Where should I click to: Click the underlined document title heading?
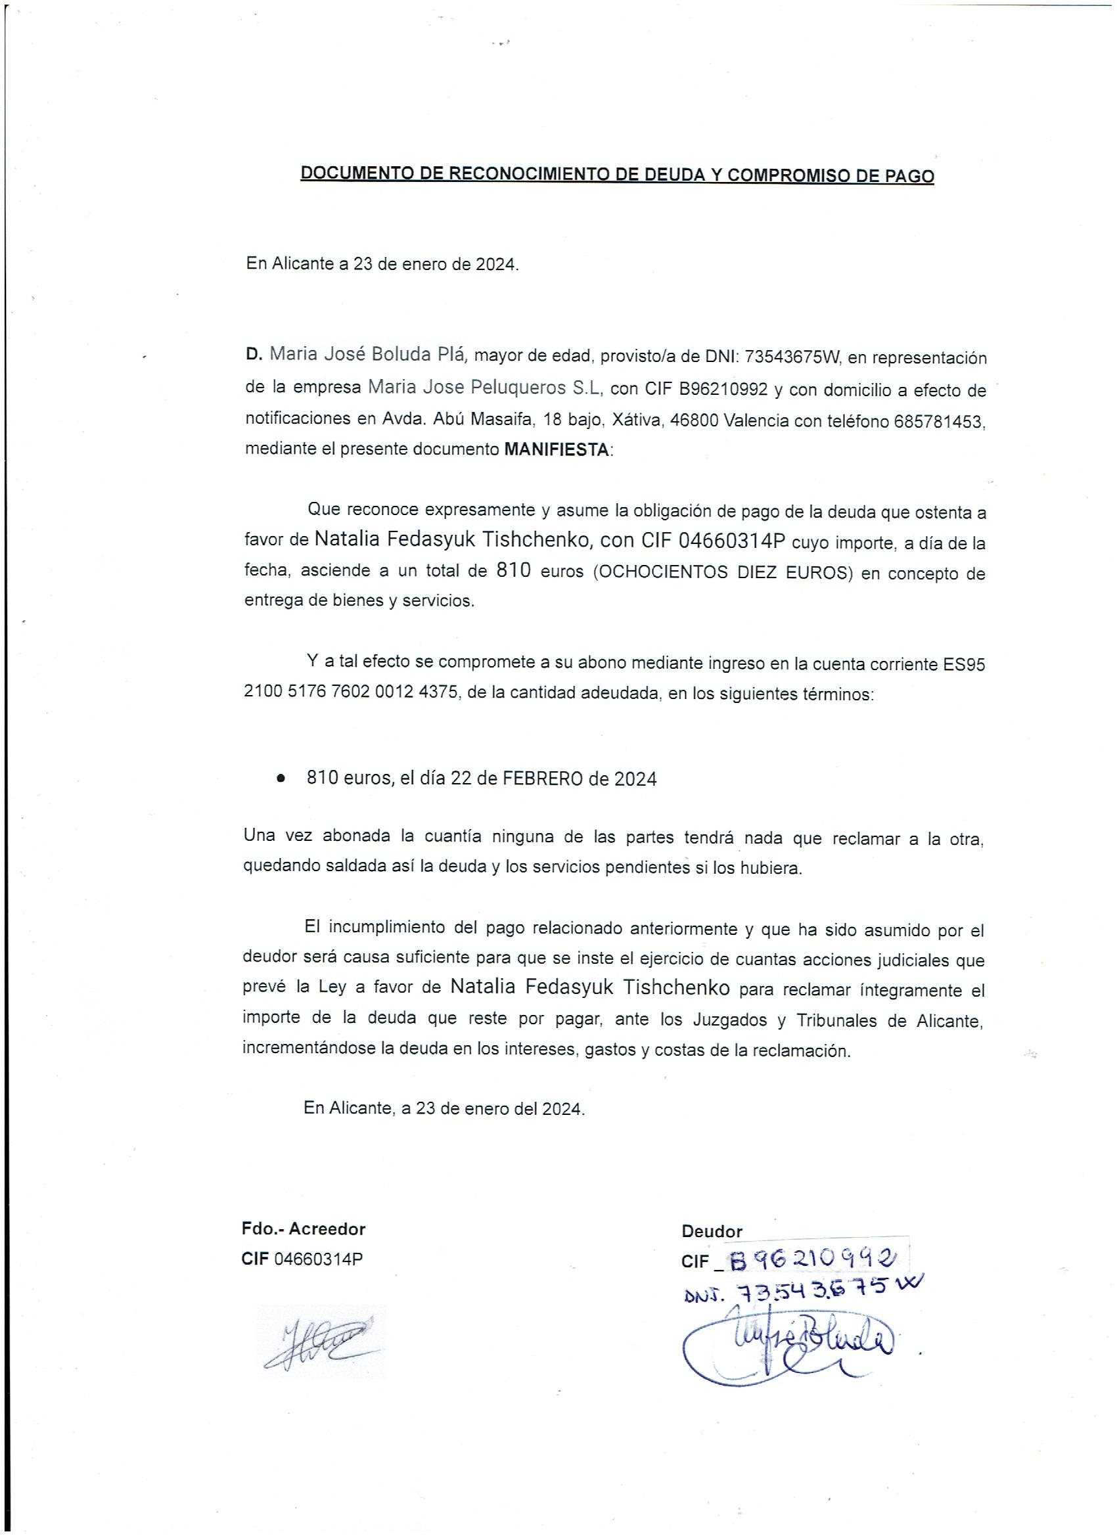coord(616,174)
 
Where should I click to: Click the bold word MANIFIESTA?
coord(557,451)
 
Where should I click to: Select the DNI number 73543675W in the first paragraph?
coord(792,357)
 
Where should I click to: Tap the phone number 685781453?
coord(938,421)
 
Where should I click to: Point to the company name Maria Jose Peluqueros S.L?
coord(485,388)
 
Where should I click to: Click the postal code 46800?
coord(694,421)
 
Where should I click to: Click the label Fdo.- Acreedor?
coord(304,1229)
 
